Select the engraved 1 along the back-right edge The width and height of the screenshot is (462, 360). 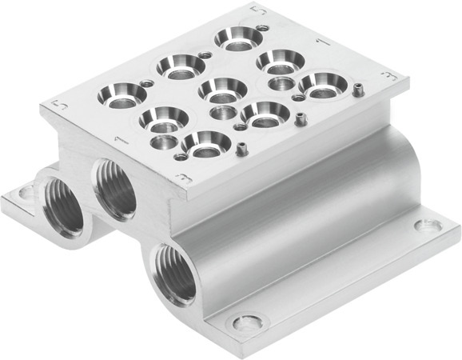click(x=320, y=40)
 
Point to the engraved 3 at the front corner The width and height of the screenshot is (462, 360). click(x=184, y=178)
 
